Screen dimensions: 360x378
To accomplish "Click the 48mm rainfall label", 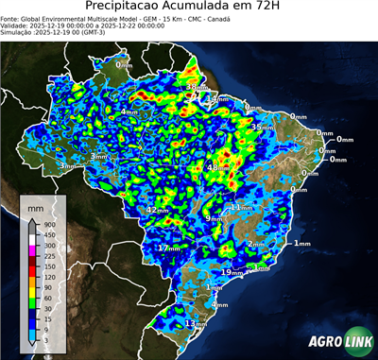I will [x=217, y=167].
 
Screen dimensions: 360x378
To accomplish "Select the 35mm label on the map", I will [x=263, y=127].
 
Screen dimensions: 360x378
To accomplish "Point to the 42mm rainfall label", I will [x=156, y=210].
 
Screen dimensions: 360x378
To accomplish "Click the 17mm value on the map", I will [x=167, y=248].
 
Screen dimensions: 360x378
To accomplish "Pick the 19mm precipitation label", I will [x=230, y=272].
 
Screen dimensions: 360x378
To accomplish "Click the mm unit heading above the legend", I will [x=36, y=205].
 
